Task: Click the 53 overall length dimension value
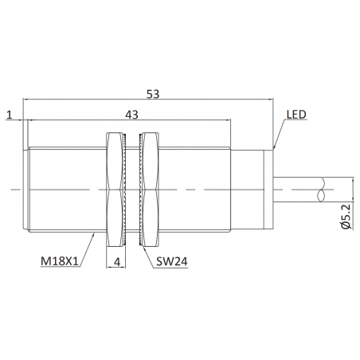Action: click(153, 94)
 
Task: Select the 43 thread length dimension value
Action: click(131, 115)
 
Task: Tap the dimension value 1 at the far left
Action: click(10, 115)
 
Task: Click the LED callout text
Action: click(296, 115)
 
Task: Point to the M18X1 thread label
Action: click(60, 261)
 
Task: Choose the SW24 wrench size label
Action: click(172, 261)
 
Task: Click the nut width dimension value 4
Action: click(117, 262)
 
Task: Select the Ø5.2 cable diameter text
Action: click(346, 217)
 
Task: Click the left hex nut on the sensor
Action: click(114, 190)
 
